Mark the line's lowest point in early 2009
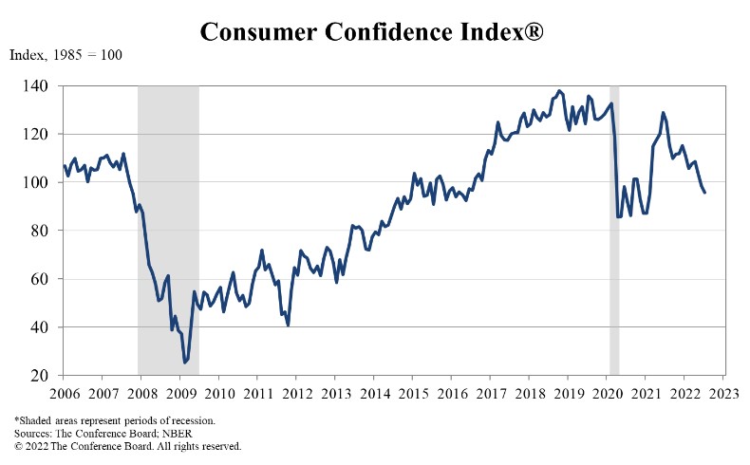pos(184,363)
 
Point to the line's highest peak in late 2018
pos(558,91)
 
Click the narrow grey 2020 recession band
pos(614,228)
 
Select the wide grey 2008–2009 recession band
pos(168,228)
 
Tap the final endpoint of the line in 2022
pos(704,193)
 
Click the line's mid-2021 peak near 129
pos(663,113)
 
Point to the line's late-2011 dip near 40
pos(288,325)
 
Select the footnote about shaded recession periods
pos(115,419)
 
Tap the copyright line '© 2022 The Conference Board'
pos(127,444)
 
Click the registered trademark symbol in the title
pos(534,30)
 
